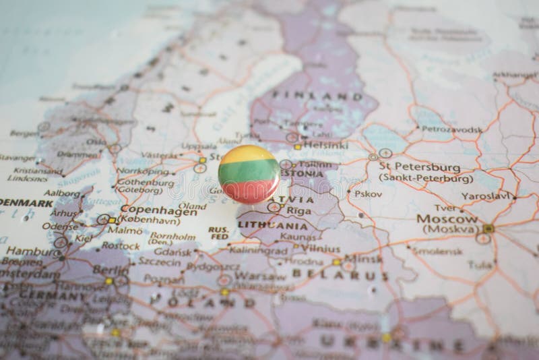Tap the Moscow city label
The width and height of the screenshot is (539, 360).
447,219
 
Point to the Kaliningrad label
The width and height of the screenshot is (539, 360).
255,249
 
